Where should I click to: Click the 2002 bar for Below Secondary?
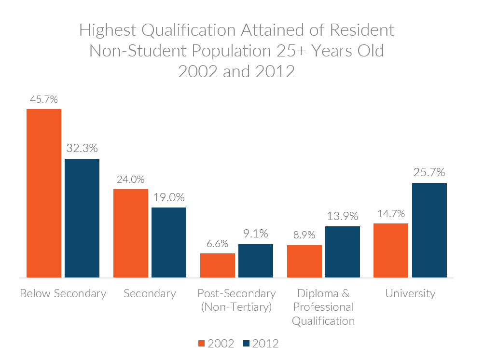click(x=44, y=193)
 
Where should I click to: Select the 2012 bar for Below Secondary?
click(x=82, y=218)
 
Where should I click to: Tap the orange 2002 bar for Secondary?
click(x=131, y=233)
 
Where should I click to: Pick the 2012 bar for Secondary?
click(x=169, y=242)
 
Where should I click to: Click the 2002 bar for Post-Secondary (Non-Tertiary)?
click(x=218, y=265)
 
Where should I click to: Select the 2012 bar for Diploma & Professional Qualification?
click(x=343, y=252)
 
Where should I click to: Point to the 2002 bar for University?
click(x=391, y=250)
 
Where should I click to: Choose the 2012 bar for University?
click(x=429, y=230)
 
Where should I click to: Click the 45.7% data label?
click(x=43, y=100)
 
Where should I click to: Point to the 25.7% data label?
click(x=429, y=172)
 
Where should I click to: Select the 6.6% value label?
click(x=217, y=244)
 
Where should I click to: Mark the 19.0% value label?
click(x=169, y=197)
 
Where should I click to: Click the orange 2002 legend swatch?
click(x=202, y=344)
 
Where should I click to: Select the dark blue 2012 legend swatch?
click(x=246, y=344)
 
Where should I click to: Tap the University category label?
click(x=410, y=293)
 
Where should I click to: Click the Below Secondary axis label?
click(x=63, y=293)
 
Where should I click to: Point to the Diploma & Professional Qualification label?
click(x=323, y=307)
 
